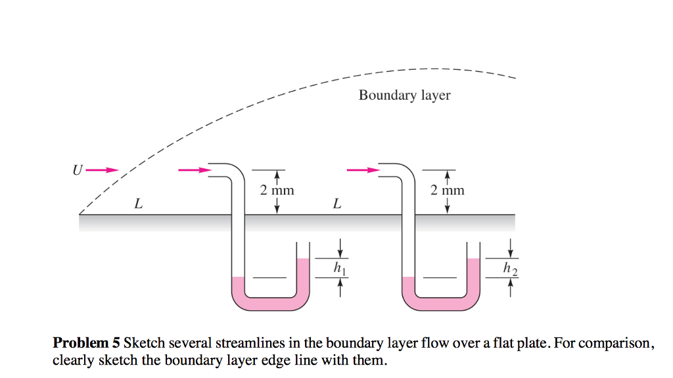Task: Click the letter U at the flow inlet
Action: pyautogui.click(x=78, y=171)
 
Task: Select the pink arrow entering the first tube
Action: pyautogui.click(x=195, y=170)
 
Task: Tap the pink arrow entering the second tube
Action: pyautogui.click(x=363, y=170)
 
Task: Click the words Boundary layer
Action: pyautogui.click(x=404, y=95)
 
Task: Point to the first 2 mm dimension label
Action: pyautogui.click(x=277, y=191)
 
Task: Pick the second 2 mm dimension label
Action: pyautogui.click(x=447, y=191)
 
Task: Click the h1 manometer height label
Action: pyautogui.click(x=339, y=268)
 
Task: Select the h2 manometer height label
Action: pyautogui.click(x=509, y=268)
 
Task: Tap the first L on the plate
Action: pyautogui.click(x=138, y=204)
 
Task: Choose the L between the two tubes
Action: pyautogui.click(x=336, y=204)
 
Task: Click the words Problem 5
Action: pyautogui.click(x=87, y=343)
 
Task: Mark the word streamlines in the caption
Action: pyautogui.click(x=246, y=343)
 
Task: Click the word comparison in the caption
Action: pyautogui.click(x=620, y=343)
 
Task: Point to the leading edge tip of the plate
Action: pyautogui.click(x=80, y=214)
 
